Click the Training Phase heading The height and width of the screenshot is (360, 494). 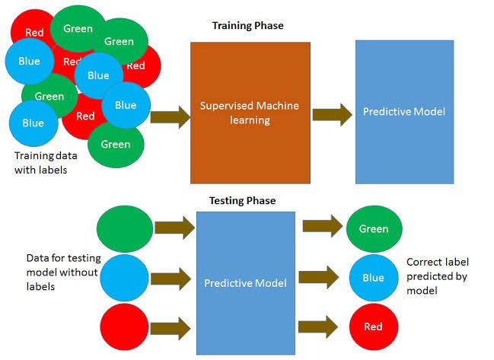pos(247,26)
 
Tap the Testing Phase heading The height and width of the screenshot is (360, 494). pos(242,201)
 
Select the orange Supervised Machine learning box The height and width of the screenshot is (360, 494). pos(250,113)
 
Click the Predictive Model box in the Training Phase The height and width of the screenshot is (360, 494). pos(404,112)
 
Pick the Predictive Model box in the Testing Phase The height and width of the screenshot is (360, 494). pos(245,283)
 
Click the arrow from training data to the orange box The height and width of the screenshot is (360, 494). pos(171,117)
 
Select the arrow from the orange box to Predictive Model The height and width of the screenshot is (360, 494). pos(332,115)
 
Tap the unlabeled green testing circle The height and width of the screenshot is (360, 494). pos(126,229)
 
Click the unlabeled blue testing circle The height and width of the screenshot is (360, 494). pos(126,279)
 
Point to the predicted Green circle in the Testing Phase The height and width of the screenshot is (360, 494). pos(373,229)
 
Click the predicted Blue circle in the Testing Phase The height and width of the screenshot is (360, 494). pos(373,278)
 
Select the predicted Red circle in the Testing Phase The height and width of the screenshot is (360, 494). pos(373,327)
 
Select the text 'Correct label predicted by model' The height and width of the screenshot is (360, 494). pos(437,276)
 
